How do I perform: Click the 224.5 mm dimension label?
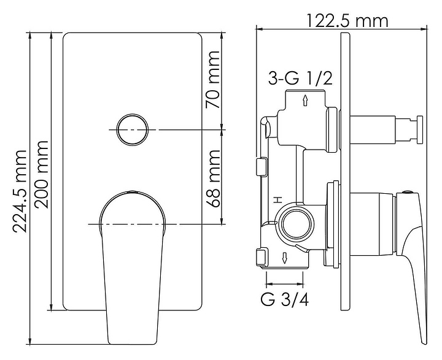pos(20,191)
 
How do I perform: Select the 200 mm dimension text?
pos(41,175)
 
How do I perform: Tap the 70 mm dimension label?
pos(212,80)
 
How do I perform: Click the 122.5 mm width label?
pos(347,20)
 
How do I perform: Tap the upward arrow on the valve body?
pos(305,101)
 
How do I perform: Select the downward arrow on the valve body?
pos(285,258)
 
